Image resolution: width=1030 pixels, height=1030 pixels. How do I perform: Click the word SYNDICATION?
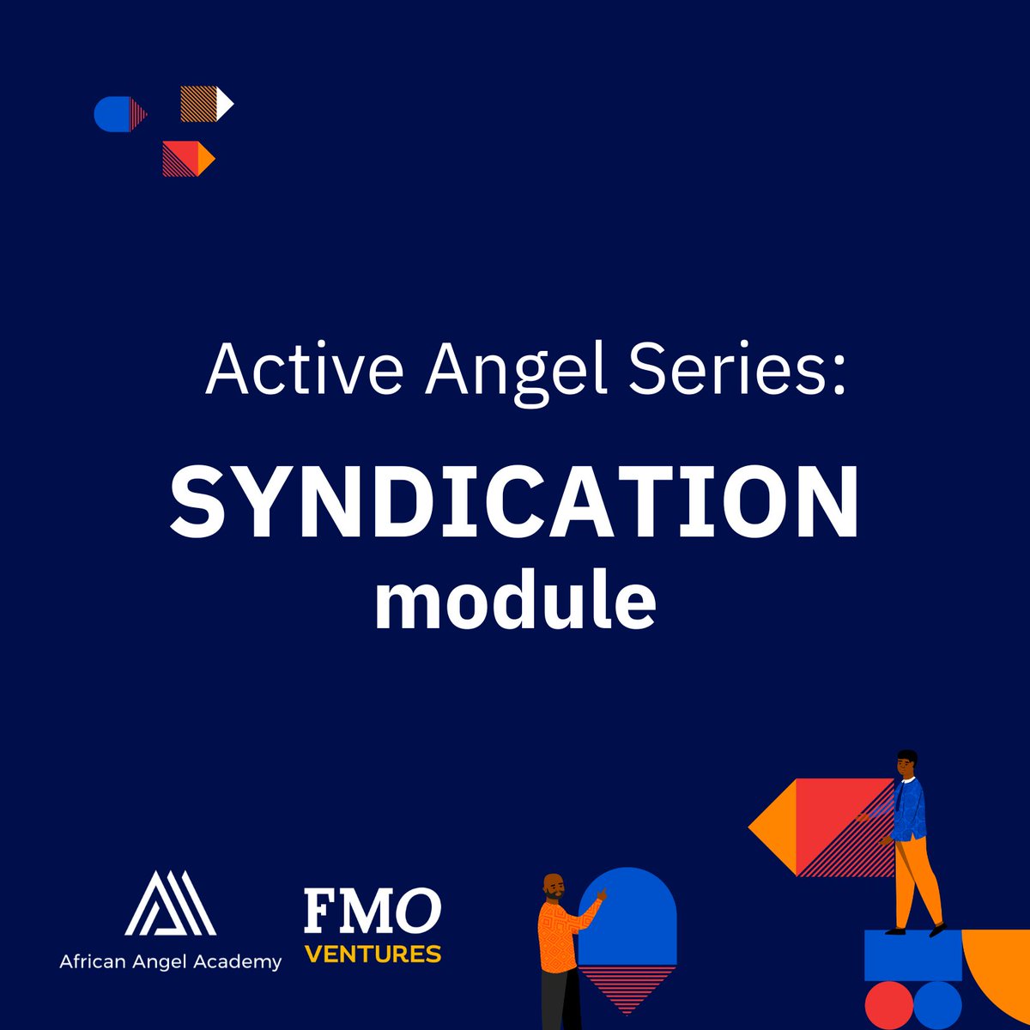click(x=515, y=502)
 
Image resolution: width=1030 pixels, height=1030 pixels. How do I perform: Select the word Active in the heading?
click(x=304, y=369)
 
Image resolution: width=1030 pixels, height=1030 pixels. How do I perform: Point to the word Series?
click(x=737, y=369)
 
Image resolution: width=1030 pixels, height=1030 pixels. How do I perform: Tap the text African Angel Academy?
click(x=170, y=962)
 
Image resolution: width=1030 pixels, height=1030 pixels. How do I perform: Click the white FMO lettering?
click(x=373, y=912)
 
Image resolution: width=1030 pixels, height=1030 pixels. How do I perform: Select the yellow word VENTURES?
click(x=373, y=954)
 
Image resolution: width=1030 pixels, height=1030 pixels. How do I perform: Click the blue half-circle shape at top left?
click(x=112, y=114)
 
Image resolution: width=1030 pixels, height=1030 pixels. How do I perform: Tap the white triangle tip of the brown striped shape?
click(x=223, y=104)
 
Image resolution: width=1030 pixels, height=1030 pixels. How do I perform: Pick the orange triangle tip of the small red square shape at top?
click(x=205, y=159)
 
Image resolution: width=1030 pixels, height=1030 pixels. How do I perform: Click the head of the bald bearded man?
click(x=554, y=888)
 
